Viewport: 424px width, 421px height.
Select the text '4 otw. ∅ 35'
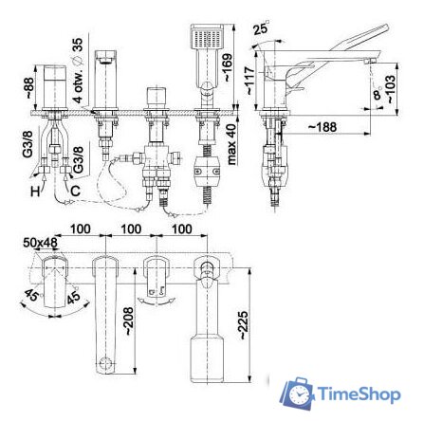pyautogui.click(x=78, y=58)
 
